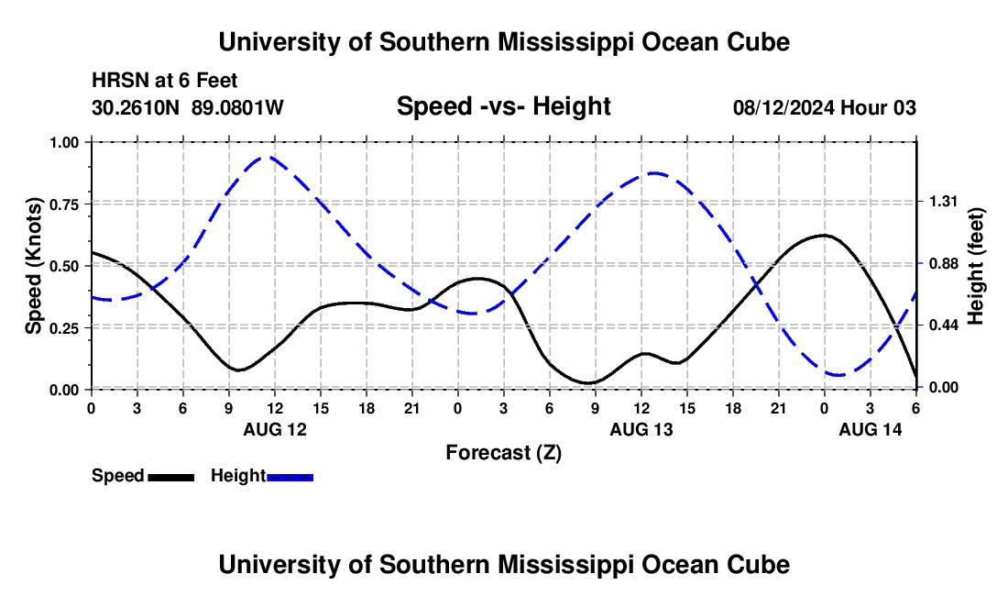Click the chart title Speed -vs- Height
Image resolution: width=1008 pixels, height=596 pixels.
pyautogui.click(x=503, y=106)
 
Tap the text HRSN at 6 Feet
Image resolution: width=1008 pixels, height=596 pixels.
pyautogui.click(x=165, y=82)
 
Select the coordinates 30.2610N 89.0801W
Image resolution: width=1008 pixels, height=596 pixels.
pyautogui.click(x=188, y=108)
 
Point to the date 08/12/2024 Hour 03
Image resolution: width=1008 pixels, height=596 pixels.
pyautogui.click(x=824, y=108)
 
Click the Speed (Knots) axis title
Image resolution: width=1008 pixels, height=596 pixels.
pyautogui.click(x=34, y=266)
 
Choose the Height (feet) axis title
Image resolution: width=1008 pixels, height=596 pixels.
pyautogui.click(x=975, y=266)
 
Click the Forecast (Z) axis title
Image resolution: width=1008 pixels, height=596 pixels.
pyautogui.click(x=503, y=452)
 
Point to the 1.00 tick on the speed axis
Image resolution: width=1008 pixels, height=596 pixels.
pyautogui.click(x=65, y=142)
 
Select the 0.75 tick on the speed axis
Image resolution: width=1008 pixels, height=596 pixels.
pyautogui.click(x=65, y=204)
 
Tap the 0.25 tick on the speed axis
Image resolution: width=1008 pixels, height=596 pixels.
pyautogui.click(x=65, y=327)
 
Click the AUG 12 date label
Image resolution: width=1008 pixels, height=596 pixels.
pyautogui.click(x=275, y=429)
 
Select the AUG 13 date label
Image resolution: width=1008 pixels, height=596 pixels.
pyautogui.click(x=641, y=429)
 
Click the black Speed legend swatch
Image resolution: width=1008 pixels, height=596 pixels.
pyautogui.click(x=170, y=476)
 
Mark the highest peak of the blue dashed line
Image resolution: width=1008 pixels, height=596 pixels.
pyautogui.click(x=265, y=158)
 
